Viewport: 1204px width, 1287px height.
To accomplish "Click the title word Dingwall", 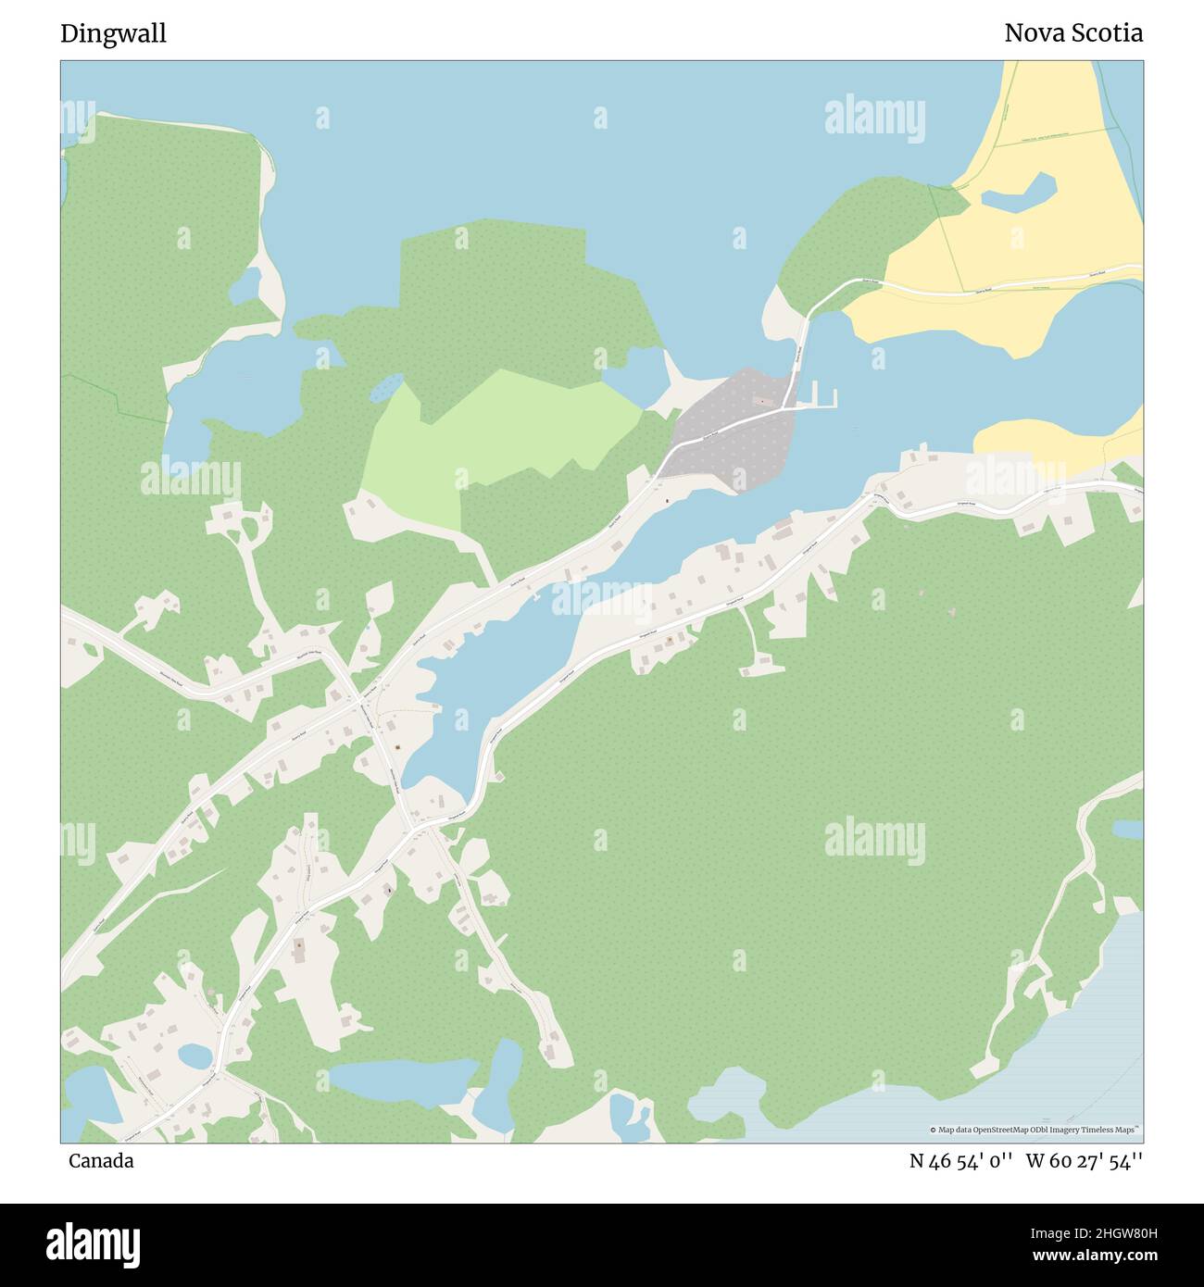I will point(113,33).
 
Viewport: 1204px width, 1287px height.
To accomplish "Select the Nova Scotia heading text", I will point(1072,33).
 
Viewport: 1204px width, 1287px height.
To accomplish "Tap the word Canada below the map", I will point(100,1161).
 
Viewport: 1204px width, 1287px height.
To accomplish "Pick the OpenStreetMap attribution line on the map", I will point(1035,1130).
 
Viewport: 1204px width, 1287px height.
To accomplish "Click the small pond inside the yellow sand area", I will point(1019,192).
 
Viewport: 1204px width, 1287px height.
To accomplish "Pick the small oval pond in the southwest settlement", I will point(195,1055).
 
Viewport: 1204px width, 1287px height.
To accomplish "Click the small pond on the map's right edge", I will point(1127,829).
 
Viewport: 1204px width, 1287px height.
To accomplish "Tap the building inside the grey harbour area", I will point(762,401).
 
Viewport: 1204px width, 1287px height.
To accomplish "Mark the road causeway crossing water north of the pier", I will point(800,347).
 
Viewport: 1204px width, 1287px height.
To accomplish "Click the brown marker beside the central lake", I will point(397,747).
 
